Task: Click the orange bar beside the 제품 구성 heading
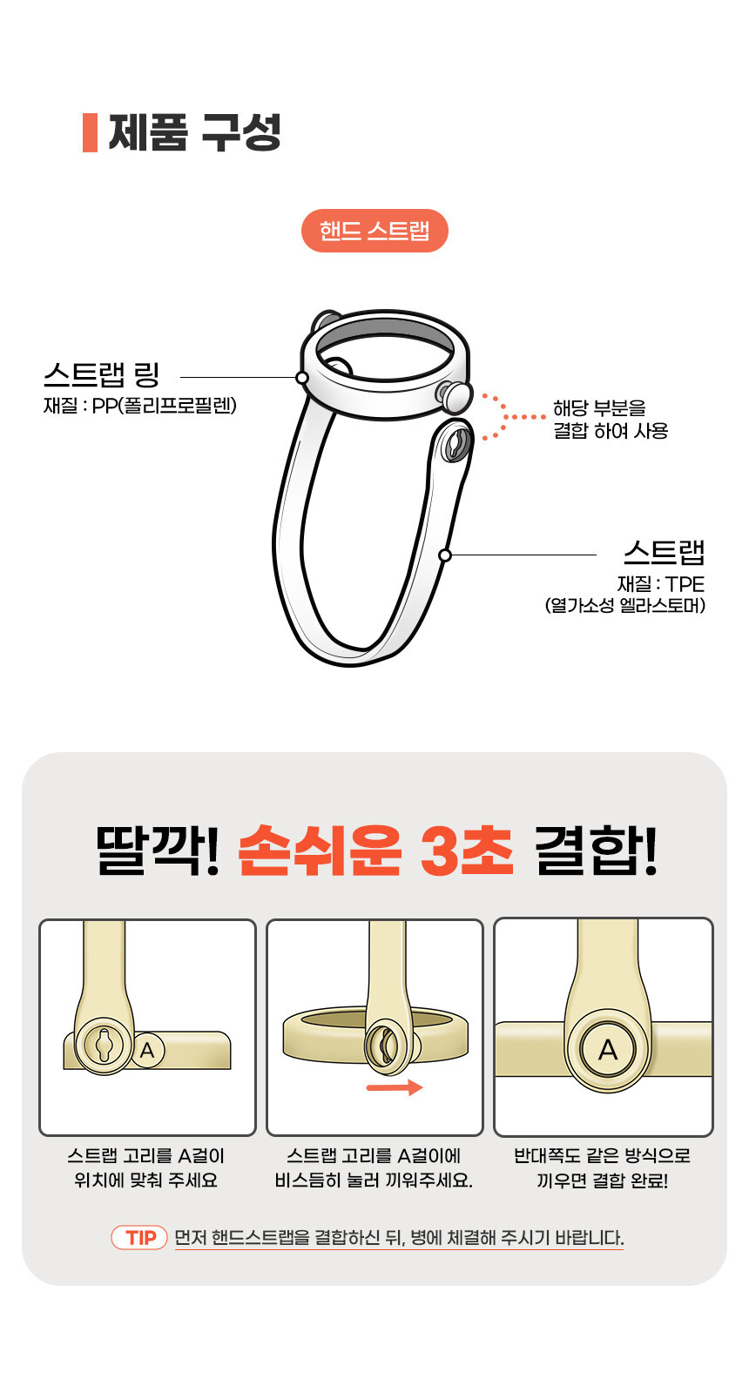90,132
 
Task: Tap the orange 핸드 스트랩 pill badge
374,231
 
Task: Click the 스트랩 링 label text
102,374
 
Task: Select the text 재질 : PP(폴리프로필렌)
140,406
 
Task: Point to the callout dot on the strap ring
301,378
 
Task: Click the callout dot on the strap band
445,555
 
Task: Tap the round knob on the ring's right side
455,397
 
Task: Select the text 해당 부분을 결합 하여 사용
611,420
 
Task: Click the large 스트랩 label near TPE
664,552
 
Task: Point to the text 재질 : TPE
661,584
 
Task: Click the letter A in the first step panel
147,1050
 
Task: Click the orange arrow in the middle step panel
395,1087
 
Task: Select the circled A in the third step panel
607,1051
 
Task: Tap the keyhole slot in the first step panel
103,1045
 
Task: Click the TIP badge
139,1237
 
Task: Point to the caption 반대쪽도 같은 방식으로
602,1155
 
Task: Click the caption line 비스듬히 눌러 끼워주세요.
374,1180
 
